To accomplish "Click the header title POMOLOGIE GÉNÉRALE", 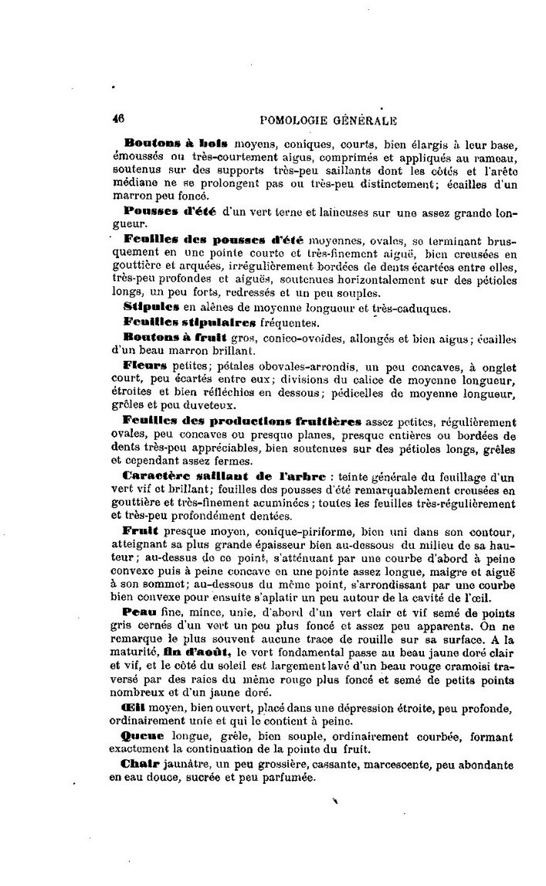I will point(329,120).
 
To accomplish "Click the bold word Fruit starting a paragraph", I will point(140,530).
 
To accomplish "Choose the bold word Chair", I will point(141,763).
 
